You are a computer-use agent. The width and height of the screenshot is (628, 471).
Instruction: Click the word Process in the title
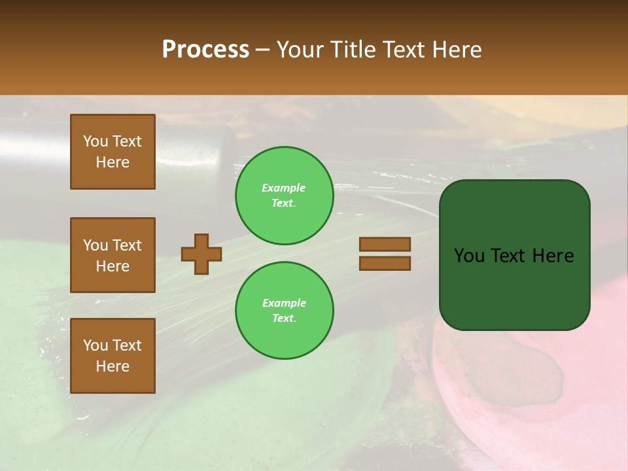coord(205,50)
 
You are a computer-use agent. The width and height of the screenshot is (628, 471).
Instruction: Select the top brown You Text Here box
coord(113,152)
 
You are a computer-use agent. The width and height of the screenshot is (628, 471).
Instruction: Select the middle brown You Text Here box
coord(113,255)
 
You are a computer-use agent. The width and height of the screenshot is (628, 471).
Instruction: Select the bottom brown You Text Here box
coord(113,356)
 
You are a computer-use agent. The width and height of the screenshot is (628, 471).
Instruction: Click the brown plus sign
coord(201,254)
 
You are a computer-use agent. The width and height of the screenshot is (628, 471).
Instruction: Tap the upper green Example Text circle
coord(284,196)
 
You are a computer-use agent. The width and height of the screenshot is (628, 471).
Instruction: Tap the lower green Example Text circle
coord(284,311)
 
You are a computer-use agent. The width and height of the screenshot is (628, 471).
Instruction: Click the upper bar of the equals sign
coord(385,244)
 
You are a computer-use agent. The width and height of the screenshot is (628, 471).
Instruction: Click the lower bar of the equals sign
coord(385,263)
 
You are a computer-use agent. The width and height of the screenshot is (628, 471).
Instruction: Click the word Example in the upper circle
coord(284,188)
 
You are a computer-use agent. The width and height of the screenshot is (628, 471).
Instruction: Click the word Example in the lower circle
coord(284,303)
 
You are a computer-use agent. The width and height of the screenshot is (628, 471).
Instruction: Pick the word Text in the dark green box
coord(511,256)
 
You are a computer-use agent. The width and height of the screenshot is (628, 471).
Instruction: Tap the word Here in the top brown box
coord(113,162)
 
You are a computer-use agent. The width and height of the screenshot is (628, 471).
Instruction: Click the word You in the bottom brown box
coord(96,345)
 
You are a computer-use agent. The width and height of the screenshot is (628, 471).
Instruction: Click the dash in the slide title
coord(263,50)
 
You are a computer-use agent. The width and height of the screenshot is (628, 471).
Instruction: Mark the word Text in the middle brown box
coord(126,245)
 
